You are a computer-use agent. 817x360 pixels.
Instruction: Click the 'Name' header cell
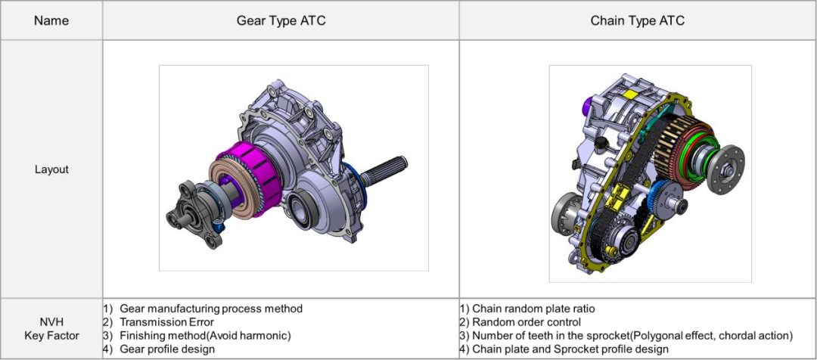click(51, 21)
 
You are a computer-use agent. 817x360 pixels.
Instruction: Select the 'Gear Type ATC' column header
click(281, 21)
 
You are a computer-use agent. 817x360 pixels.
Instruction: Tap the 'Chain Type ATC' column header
click(637, 21)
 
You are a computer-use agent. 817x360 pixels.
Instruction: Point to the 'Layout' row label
click(51, 170)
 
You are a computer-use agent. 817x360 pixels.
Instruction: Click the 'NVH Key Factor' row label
click(51, 329)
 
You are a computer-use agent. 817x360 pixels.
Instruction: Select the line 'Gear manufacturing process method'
click(211, 309)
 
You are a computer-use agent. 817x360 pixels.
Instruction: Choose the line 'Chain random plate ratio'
click(533, 309)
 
